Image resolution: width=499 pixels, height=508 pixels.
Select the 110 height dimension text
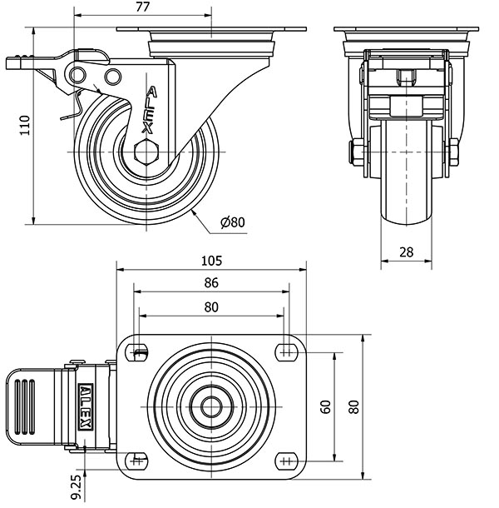[25, 125]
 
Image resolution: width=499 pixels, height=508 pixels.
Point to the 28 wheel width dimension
[406, 252]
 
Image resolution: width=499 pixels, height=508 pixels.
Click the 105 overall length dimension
[211, 261]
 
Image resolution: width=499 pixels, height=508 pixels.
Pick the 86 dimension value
[211, 283]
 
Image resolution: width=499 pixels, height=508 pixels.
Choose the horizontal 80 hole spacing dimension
[211, 307]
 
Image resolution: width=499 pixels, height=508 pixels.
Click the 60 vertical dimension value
[325, 407]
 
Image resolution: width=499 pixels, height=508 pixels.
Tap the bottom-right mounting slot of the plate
[287, 460]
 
